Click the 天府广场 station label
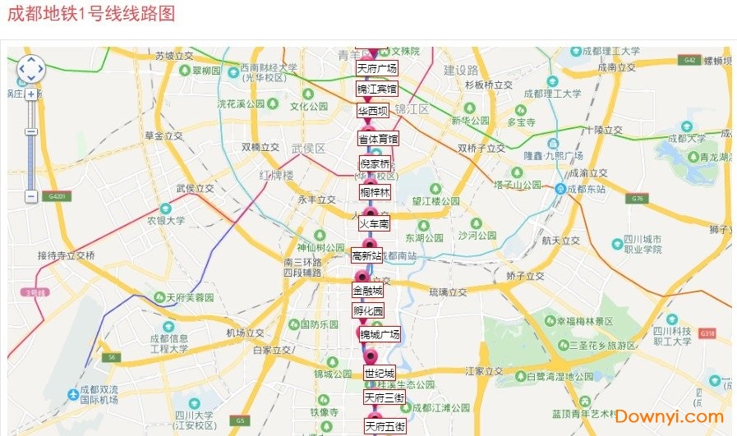pyautogui.click(x=377, y=68)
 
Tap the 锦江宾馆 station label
pyautogui.click(x=376, y=89)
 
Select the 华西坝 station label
pyautogui.click(x=373, y=111)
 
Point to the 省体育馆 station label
pyautogui.click(x=378, y=140)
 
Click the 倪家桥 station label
pyautogui.click(x=375, y=164)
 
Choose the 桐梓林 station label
pyautogui.click(x=375, y=193)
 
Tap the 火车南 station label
pyautogui.click(x=374, y=223)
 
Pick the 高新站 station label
pyautogui.click(x=366, y=256)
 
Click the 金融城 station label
pyautogui.click(x=367, y=291)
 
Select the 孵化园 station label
pyautogui.click(x=368, y=311)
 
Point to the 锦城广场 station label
pyautogui.click(x=380, y=334)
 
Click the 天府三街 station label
pyautogui.click(x=385, y=397)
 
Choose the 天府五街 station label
pyautogui.click(x=385, y=426)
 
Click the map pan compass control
pyautogui.click(x=30, y=69)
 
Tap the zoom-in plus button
pyautogui.click(x=31, y=94)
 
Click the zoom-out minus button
pyautogui.click(x=31, y=197)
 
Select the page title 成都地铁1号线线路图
pyautogui.click(x=91, y=14)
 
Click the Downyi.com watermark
pyautogui.click(x=669, y=417)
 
